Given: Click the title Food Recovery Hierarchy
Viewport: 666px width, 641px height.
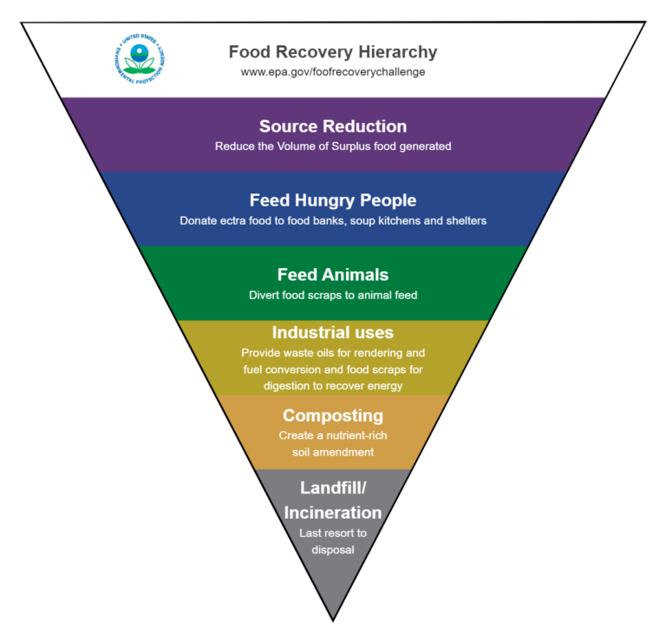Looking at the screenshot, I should coord(333,52).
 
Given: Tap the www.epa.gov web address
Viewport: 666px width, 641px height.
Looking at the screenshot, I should coord(333,72).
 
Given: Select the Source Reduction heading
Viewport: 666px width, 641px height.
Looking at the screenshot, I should coord(333,127).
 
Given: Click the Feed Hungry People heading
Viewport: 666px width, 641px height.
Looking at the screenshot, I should coord(333,200).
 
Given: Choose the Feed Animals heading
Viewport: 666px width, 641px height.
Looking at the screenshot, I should coord(333,274).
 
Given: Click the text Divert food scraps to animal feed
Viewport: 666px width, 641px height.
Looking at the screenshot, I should coord(333,295).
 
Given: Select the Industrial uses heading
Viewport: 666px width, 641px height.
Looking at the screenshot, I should coord(333,332).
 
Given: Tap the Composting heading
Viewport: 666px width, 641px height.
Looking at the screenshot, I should coord(333,415).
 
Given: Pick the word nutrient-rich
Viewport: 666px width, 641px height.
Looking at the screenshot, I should coord(353,435).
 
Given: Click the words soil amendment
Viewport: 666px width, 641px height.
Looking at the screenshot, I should coord(333,452).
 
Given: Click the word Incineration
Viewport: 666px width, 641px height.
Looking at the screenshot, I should coord(333,512).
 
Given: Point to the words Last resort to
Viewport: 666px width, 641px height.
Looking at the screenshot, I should coord(333,533).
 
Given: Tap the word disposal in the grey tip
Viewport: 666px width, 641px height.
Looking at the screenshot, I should coord(333,549).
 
